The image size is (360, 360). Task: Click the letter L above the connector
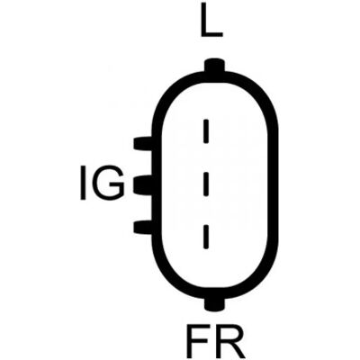pos(211,20)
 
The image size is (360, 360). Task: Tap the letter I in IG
pos(83,184)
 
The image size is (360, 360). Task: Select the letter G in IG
pos(109,184)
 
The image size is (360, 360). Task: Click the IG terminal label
pos(103,184)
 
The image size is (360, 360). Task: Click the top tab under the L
pos(214,66)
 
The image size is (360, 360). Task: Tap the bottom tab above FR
pos(214,303)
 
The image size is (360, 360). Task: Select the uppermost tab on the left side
pos(143,143)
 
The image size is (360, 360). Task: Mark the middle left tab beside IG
pos(143,185)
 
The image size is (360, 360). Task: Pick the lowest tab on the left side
pos(143,227)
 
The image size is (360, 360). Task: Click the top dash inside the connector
pos(206,131)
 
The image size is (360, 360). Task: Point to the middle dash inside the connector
pos(206,184)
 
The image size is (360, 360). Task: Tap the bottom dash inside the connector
pos(206,237)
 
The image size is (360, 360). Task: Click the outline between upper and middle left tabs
pos(157,164)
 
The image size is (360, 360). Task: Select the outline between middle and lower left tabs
pos(157,207)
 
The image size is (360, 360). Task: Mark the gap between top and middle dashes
pos(206,157)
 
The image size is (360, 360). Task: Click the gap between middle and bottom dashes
pos(206,211)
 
